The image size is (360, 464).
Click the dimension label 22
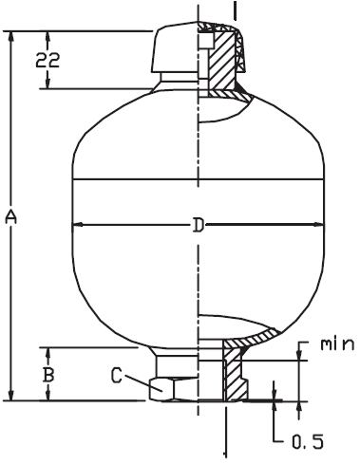point(47,61)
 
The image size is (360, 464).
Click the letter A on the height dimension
point(11,217)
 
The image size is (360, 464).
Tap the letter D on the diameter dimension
point(199,225)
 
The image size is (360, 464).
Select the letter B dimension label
point(48,375)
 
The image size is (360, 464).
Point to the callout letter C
point(117,376)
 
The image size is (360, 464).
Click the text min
point(337,344)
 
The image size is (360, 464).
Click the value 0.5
point(308,441)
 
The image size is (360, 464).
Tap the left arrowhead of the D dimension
point(78,225)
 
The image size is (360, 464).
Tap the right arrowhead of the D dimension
point(319,225)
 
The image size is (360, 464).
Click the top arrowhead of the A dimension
point(11,37)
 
